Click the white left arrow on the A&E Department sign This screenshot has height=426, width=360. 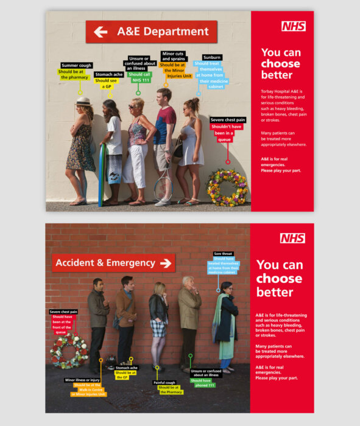tap(101, 32)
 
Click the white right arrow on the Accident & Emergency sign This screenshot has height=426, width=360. tap(165, 263)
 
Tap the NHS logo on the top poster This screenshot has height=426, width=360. tap(294, 26)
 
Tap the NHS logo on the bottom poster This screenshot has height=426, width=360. tap(292, 238)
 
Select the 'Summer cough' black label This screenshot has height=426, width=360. tap(76, 65)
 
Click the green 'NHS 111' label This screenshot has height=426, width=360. tap(141, 80)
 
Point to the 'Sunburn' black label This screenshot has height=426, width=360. tap(211, 58)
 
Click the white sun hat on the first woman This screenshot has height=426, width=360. tap(83, 102)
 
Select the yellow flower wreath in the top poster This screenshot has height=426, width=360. tap(227, 187)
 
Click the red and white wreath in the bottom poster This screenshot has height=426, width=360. tap(69, 351)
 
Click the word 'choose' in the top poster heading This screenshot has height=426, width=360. tap(280, 63)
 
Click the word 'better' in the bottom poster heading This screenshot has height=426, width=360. tap(274, 292)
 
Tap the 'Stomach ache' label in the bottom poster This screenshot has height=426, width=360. tap(126, 368)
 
